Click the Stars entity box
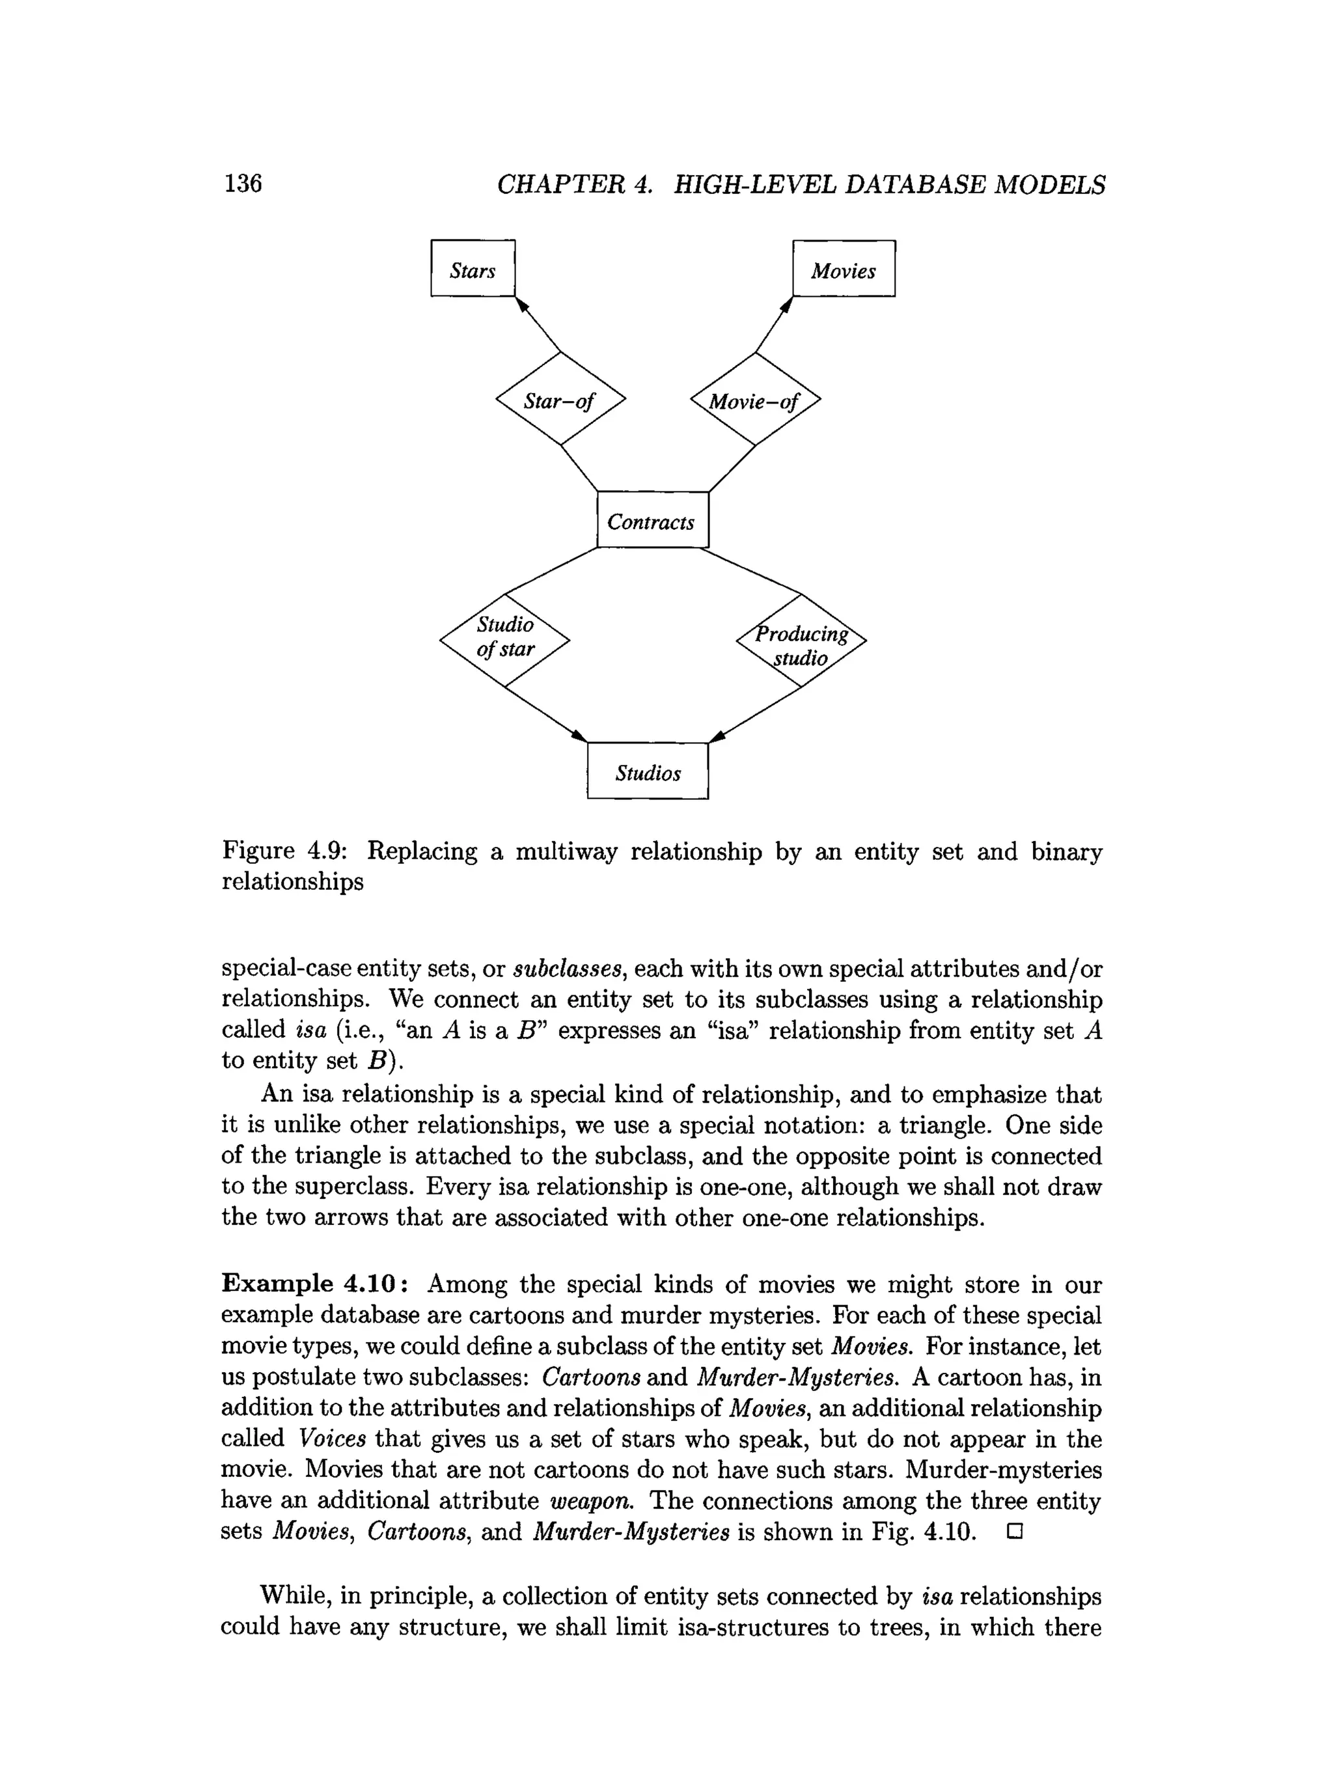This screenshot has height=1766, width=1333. coord(473,268)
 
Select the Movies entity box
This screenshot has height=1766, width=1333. coord(843,268)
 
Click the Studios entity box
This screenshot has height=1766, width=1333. coord(648,771)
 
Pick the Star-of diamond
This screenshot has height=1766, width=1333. coord(560,398)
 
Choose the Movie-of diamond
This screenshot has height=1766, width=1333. coord(755,399)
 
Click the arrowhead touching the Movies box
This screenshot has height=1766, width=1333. coord(787,305)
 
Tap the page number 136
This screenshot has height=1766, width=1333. coord(243,184)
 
